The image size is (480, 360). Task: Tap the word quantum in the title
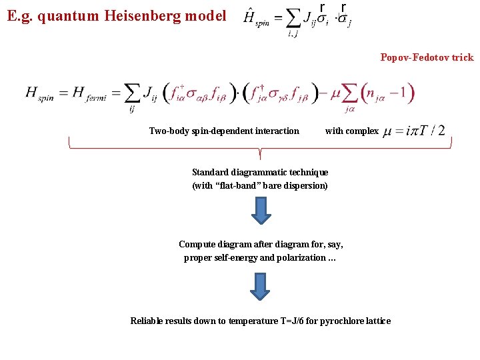[x=67, y=15]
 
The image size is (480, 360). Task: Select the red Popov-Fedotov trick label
[x=427, y=57]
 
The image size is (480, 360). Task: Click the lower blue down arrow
[x=261, y=285]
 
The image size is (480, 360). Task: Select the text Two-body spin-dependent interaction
[x=224, y=131]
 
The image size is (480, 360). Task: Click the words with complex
[x=351, y=131]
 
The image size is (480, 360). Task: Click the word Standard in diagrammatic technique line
[x=212, y=173]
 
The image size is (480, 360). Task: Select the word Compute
[x=198, y=244]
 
